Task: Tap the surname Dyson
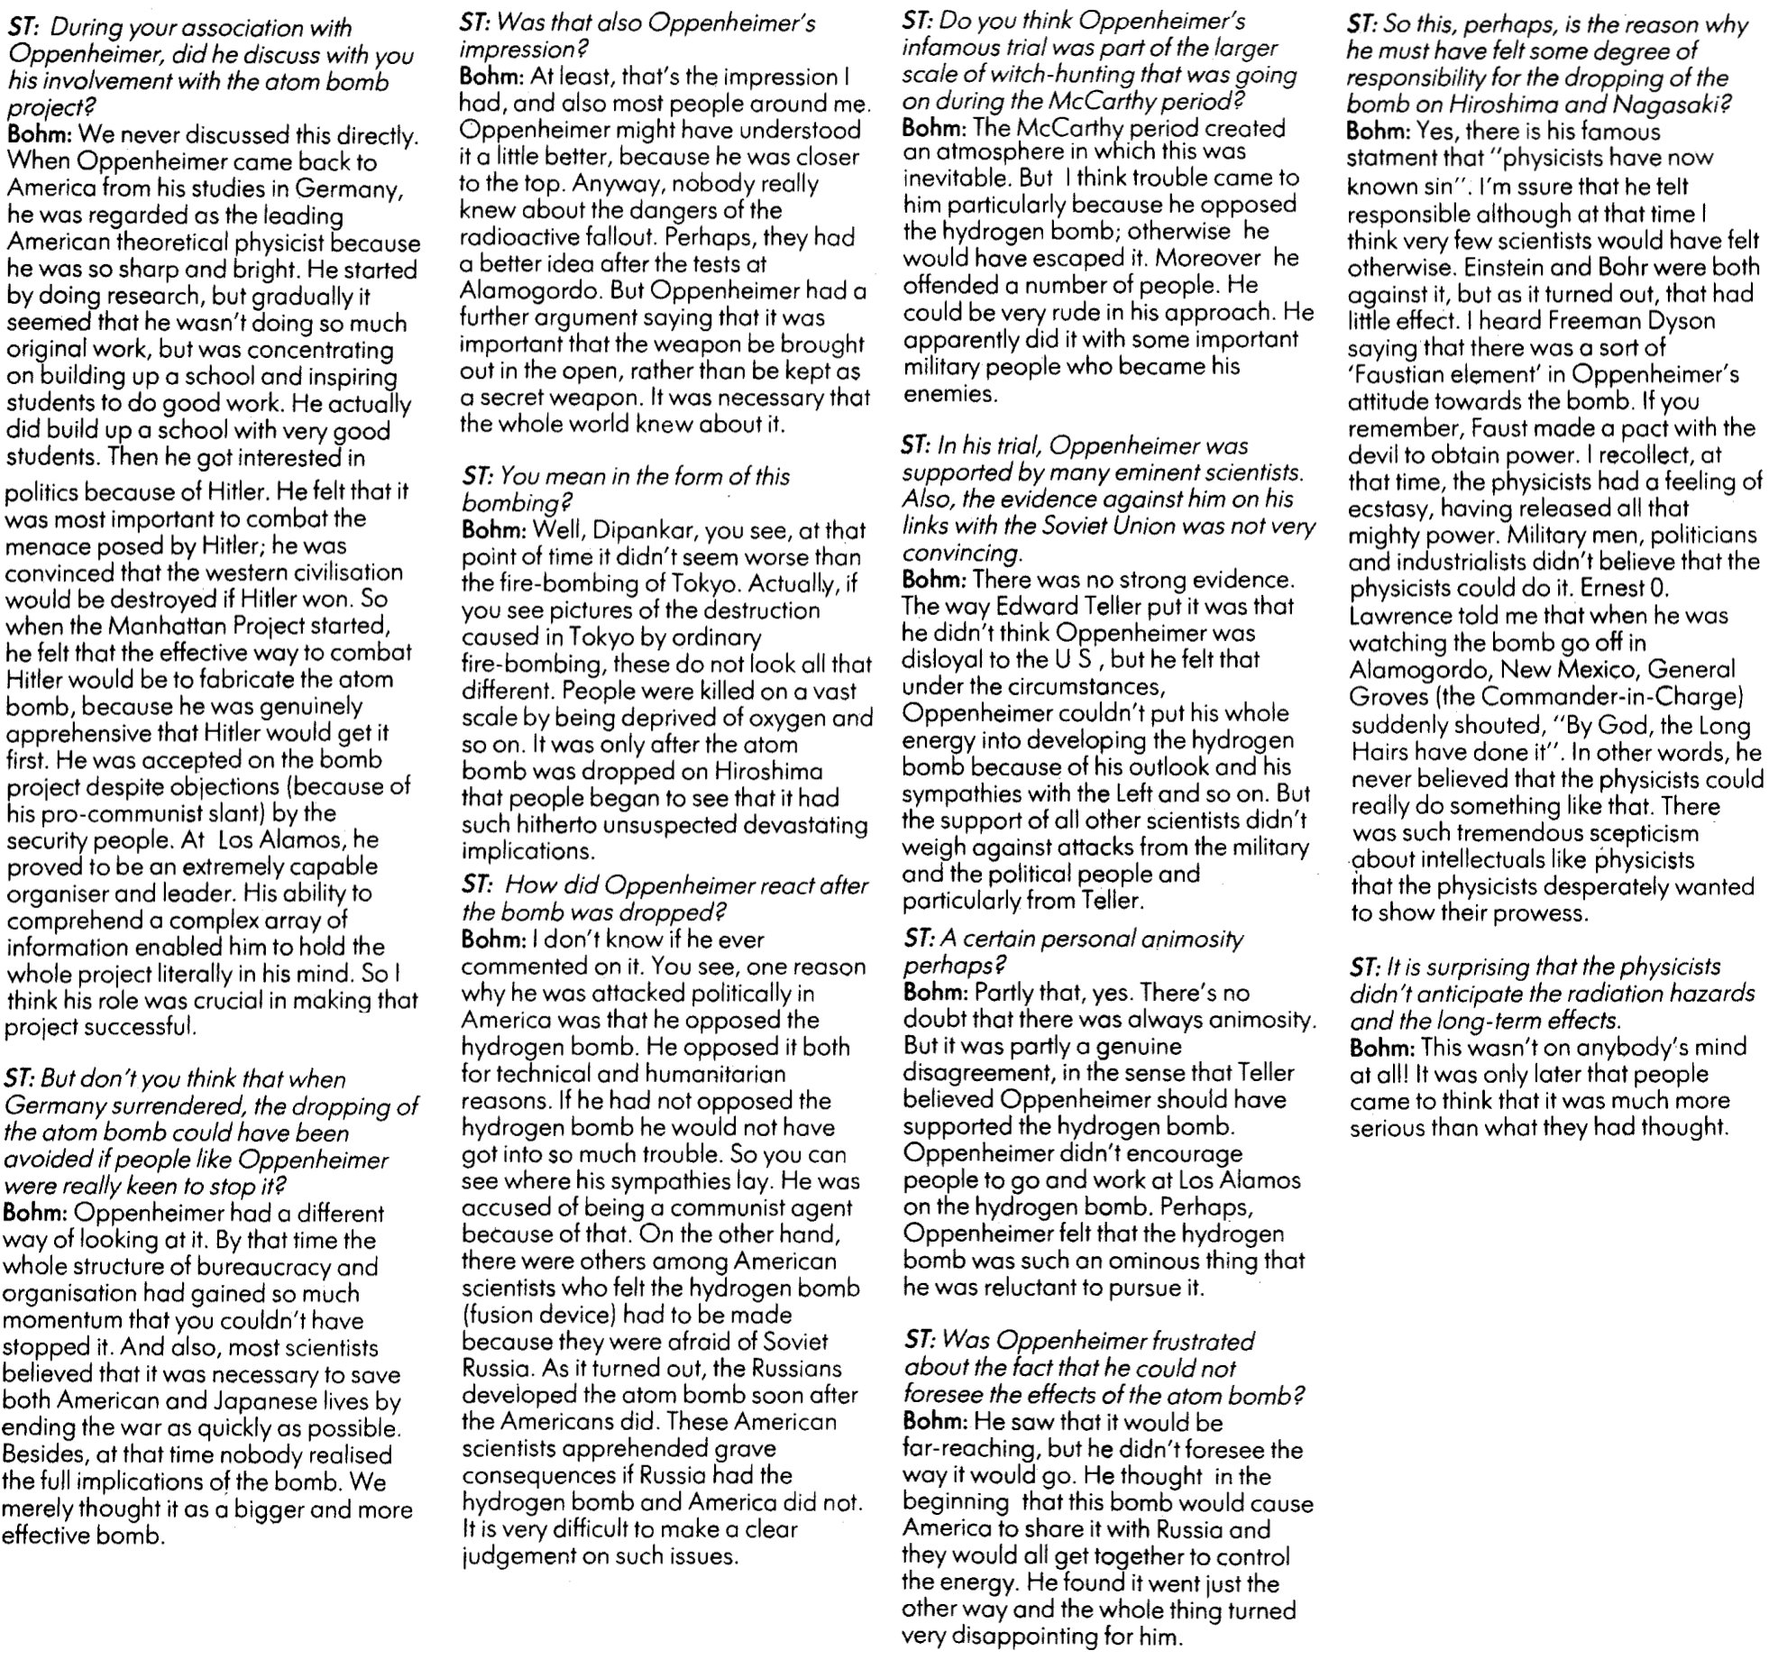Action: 1673,321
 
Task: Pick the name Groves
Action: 1388,697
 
